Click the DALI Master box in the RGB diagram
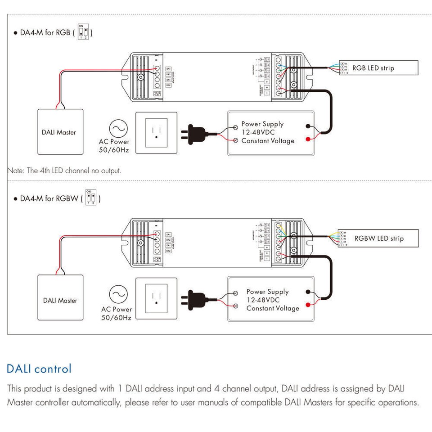pos(59,132)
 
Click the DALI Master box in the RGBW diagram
pos(60,300)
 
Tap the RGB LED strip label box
pos(378,68)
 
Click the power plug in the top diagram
pos(193,133)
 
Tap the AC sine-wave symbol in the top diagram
pos(118,129)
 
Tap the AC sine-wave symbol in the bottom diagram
pos(118,295)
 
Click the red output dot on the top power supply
pos(308,139)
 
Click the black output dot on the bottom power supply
pos(308,292)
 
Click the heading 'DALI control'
pos(39,369)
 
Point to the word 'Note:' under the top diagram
pos(16,171)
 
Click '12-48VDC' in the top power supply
pos(258,132)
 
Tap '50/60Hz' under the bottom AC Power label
pos(116,318)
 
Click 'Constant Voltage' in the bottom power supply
pos(272,308)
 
